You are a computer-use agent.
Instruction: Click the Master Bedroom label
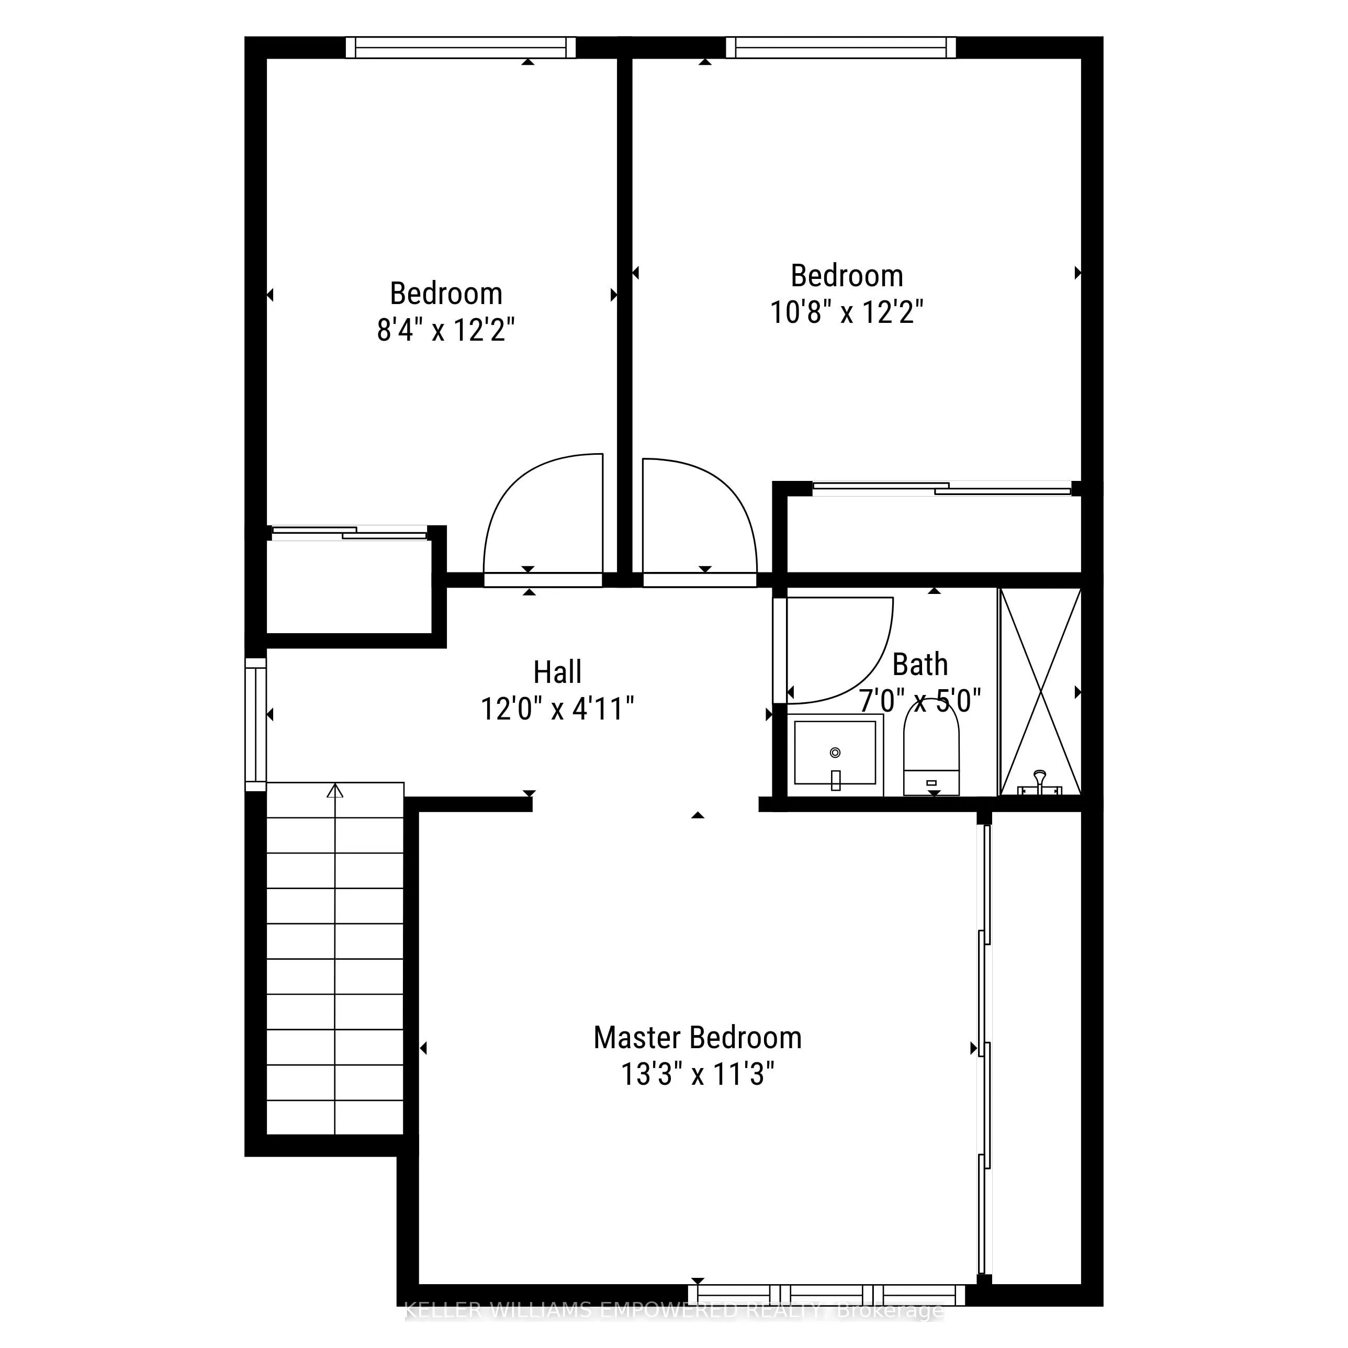pos(697,1038)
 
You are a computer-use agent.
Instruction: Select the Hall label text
pos(557,672)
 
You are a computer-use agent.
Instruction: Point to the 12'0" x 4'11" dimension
pos(557,710)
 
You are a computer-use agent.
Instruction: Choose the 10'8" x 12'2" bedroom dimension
pos(846,312)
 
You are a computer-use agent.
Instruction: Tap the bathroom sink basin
pos(835,754)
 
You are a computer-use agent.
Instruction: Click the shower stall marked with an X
pos(1040,691)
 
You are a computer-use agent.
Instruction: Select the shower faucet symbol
pos(1040,783)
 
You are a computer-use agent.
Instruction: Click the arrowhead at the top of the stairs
pos(335,791)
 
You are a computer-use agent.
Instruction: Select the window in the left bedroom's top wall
pos(460,48)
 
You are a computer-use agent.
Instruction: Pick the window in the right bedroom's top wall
pos(841,48)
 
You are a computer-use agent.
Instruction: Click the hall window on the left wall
pos(256,724)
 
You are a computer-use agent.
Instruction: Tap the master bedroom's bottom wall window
pos(827,1295)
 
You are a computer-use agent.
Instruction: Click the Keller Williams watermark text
pos(673,1311)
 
